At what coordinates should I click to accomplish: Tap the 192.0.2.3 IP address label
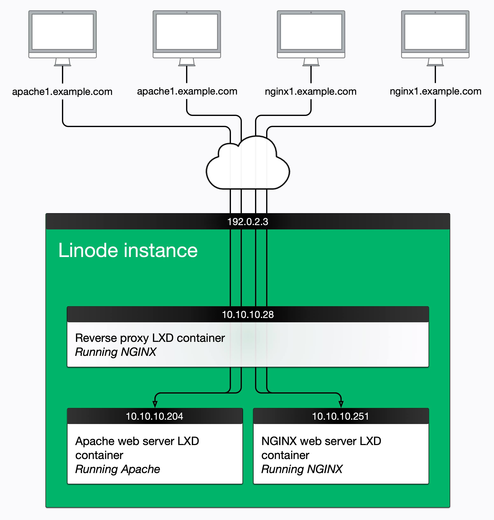[248, 222]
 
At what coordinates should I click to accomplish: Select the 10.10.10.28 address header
[248, 314]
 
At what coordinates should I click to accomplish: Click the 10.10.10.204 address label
[154, 416]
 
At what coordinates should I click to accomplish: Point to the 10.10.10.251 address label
[340, 416]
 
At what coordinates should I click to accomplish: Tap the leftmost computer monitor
[62, 33]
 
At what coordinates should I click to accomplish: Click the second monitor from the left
[187, 33]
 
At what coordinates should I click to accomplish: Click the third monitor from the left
[311, 33]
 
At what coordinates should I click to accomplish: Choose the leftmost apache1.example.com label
[62, 92]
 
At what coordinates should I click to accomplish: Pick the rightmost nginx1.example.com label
[435, 91]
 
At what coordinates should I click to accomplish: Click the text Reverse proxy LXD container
[150, 338]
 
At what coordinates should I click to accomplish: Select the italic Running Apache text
[118, 469]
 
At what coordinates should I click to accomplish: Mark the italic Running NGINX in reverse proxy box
[116, 352]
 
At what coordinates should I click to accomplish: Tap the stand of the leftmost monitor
[62, 62]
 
